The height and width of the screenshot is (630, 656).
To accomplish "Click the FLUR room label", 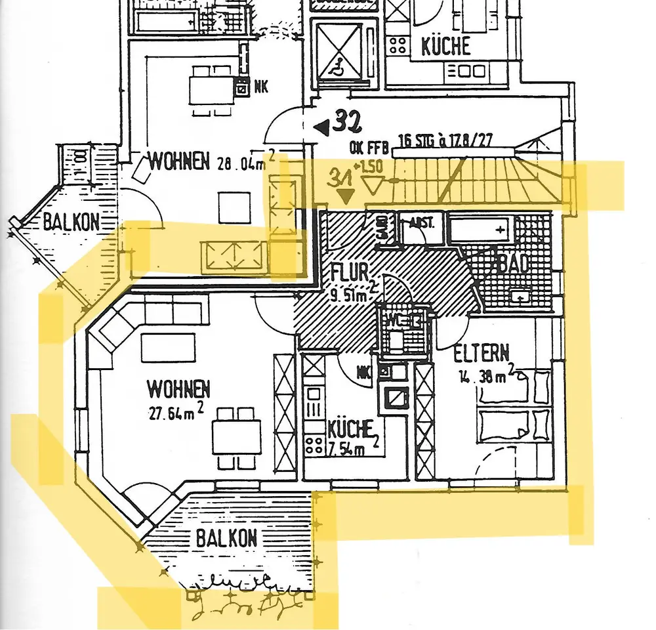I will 349,271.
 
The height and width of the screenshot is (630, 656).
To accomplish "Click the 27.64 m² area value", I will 176,411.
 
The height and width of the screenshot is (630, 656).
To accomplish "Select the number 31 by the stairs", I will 340,177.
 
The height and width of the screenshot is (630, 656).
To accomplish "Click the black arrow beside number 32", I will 322,127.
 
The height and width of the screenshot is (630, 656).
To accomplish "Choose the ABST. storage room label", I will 421,222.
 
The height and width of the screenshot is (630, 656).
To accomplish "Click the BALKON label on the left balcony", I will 72,222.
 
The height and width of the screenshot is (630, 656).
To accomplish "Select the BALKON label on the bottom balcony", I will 226,539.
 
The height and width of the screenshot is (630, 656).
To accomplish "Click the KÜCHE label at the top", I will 445,46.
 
